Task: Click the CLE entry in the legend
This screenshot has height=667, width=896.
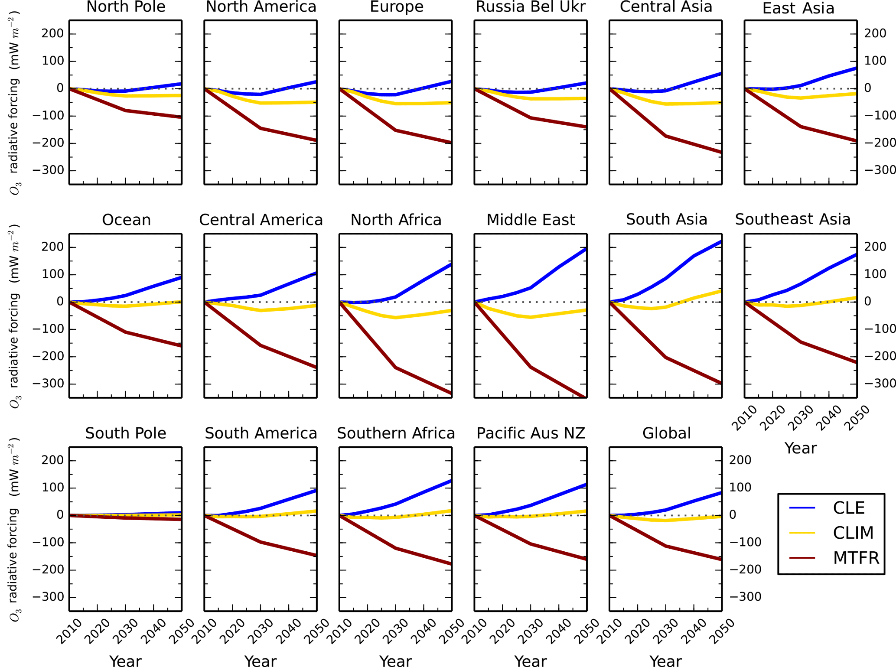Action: pyautogui.click(x=848, y=508)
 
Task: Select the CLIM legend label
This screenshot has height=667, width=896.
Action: pyautogui.click(x=853, y=533)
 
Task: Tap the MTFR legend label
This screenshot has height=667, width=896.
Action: pyautogui.click(x=856, y=558)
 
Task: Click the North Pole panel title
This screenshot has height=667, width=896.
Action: pyautogui.click(x=126, y=7)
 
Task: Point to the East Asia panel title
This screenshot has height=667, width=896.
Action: pyautogui.click(x=798, y=8)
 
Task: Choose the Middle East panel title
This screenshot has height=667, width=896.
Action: pyautogui.click(x=531, y=220)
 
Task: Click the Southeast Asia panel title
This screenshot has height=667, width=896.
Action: pyautogui.click(x=792, y=219)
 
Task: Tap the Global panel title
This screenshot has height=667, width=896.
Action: pyautogui.click(x=666, y=433)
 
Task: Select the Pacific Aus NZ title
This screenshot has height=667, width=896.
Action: pyautogui.click(x=531, y=433)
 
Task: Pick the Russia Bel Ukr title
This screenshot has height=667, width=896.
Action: pyautogui.click(x=531, y=7)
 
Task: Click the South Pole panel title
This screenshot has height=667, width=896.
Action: pyautogui.click(x=126, y=433)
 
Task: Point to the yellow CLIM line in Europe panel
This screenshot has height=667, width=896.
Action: pyautogui.click(x=423, y=104)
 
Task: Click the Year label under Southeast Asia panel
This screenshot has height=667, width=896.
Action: pyautogui.click(x=800, y=448)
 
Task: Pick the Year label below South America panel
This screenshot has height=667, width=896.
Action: pyautogui.click(x=260, y=661)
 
